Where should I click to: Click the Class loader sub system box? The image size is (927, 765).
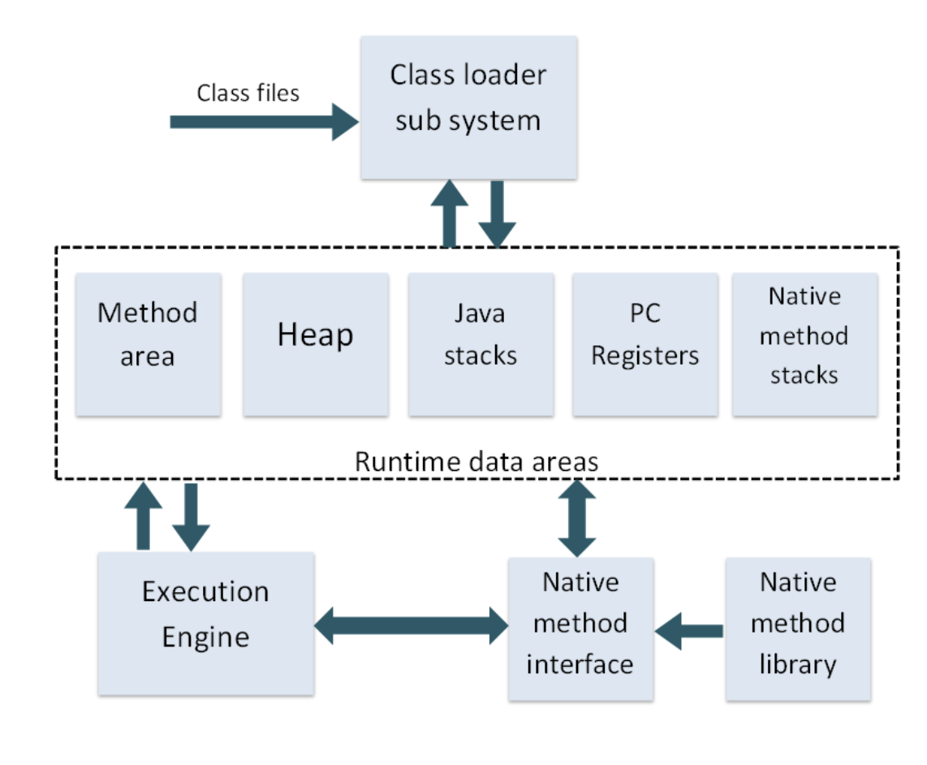point(468,107)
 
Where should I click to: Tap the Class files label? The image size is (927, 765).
point(248,93)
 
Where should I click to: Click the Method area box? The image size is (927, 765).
point(148,344)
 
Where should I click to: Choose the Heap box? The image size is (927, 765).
point(315,344)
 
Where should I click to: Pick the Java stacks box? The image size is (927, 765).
point(481,344)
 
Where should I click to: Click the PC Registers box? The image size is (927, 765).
point(645,344)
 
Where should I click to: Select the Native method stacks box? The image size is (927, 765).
point(804,344)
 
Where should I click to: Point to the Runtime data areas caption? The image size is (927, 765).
point(476,461)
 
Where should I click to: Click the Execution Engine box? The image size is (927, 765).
point(205,623)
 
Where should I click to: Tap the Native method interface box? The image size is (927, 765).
point(580,628)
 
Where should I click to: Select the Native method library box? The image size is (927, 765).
point(797,628)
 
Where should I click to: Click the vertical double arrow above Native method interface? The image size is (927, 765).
point(577,518)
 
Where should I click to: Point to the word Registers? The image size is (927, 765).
point(645,356)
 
